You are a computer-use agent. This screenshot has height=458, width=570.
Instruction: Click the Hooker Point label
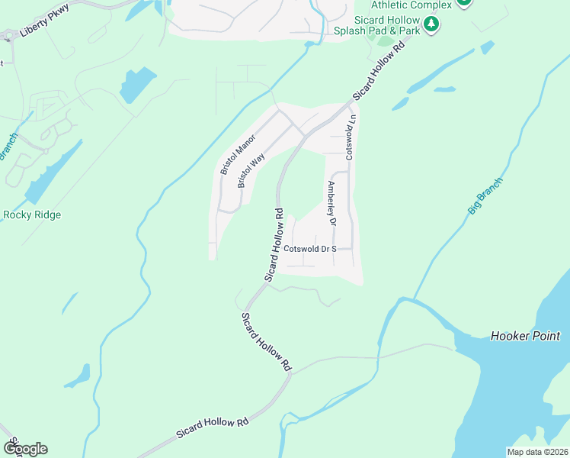[x=525, y=336]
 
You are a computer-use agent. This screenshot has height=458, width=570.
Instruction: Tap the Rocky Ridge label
[x=32, y=214]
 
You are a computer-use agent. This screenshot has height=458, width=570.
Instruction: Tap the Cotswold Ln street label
[x=351, y=137]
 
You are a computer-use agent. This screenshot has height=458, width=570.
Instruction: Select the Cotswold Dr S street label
[x=309, y=249]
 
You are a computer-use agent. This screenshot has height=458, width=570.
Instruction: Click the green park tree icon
[x=431, y=24]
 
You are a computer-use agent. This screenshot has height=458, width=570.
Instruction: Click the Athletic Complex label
[x=411, y=5]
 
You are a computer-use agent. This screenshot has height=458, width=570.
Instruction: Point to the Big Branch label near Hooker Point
[x=485, y=195]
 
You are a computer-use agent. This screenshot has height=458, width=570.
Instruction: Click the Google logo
[x=25, y=449]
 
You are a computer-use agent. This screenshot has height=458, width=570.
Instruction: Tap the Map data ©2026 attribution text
[x=537, y=452]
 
